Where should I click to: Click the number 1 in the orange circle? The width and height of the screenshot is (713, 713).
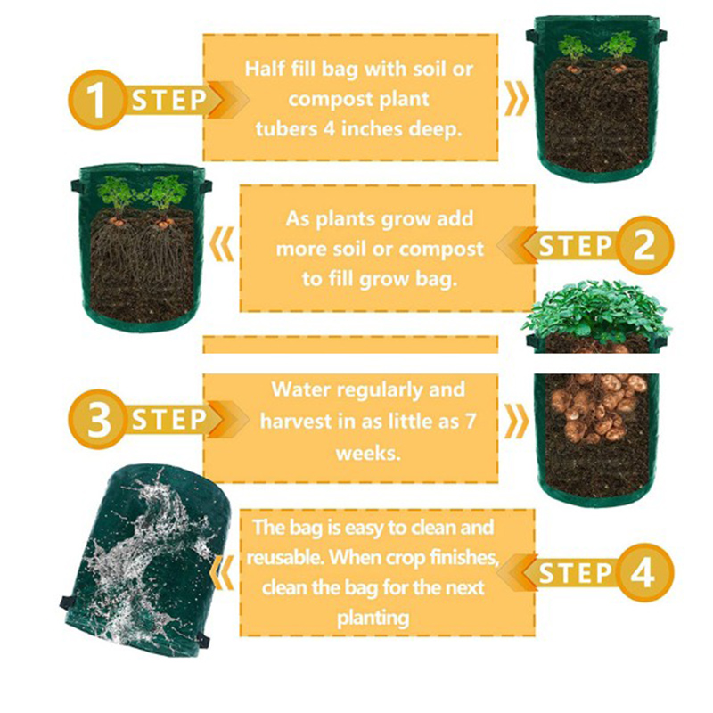click(x=96, y=101)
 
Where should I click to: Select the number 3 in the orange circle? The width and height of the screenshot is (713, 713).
click(x=99, y=419)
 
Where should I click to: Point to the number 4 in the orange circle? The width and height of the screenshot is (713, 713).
click(x=642, y=572)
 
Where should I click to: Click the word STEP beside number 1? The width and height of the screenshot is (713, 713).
click(x=169, y=101)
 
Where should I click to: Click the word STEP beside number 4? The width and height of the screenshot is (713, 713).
click(x=575, y=573)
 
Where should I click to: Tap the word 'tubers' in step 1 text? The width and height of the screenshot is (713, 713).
click(x=286, y=128)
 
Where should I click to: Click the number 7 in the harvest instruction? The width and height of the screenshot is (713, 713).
click(x=471, y=422)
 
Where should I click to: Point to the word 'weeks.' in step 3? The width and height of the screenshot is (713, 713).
click(x=368, y=454)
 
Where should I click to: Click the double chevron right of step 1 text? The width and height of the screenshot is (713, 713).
click(x=517, y=99)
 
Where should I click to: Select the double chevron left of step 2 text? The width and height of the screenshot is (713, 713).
click(x=222, y=244)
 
